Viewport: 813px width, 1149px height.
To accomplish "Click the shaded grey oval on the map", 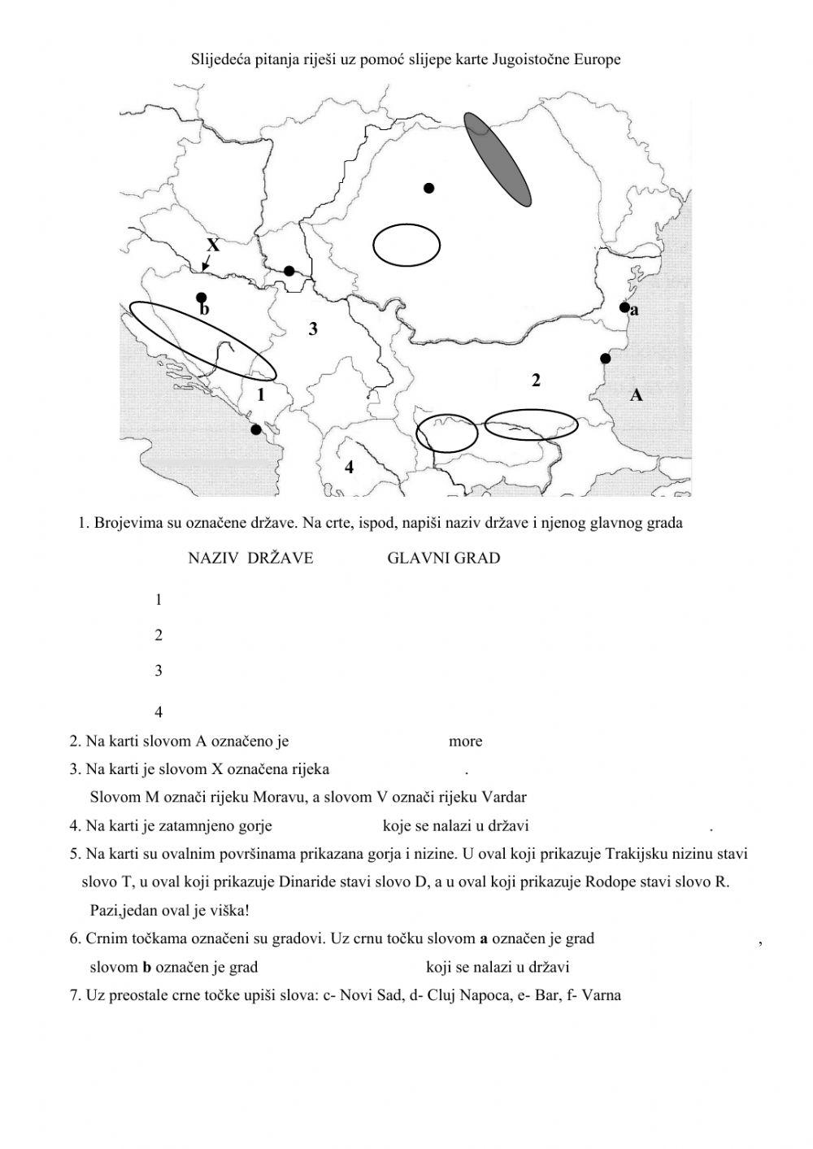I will (x=498, y=159).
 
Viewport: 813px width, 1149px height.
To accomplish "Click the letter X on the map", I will (x=213, y=245).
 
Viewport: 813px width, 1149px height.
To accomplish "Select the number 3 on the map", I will (x=312, y=329).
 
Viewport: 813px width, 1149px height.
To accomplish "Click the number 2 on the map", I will (x=536, y=380).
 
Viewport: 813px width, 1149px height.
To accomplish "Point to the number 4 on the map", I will (x=349, y=467).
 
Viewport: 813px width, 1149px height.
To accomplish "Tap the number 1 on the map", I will (x=261, y=396).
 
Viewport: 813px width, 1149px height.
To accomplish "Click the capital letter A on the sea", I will (x=637, y=395).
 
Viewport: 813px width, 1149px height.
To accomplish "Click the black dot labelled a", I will (x=624, y=307).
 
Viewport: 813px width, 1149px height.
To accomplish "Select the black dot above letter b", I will (x=202, y=298).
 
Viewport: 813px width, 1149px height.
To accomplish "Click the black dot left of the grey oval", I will (x=429, y=189).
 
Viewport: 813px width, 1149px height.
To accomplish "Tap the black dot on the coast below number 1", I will (x=256, y=429).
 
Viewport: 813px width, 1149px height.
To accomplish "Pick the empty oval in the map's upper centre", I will (x=406, y=245).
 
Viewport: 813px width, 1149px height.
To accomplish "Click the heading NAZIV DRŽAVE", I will (x=250, y=558).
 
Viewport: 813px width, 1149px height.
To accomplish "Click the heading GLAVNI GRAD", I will (x=444, y=558).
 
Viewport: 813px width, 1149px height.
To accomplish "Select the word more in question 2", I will (x=465, y=741).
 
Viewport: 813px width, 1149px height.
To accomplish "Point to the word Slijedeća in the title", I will (x=220, y=59).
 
